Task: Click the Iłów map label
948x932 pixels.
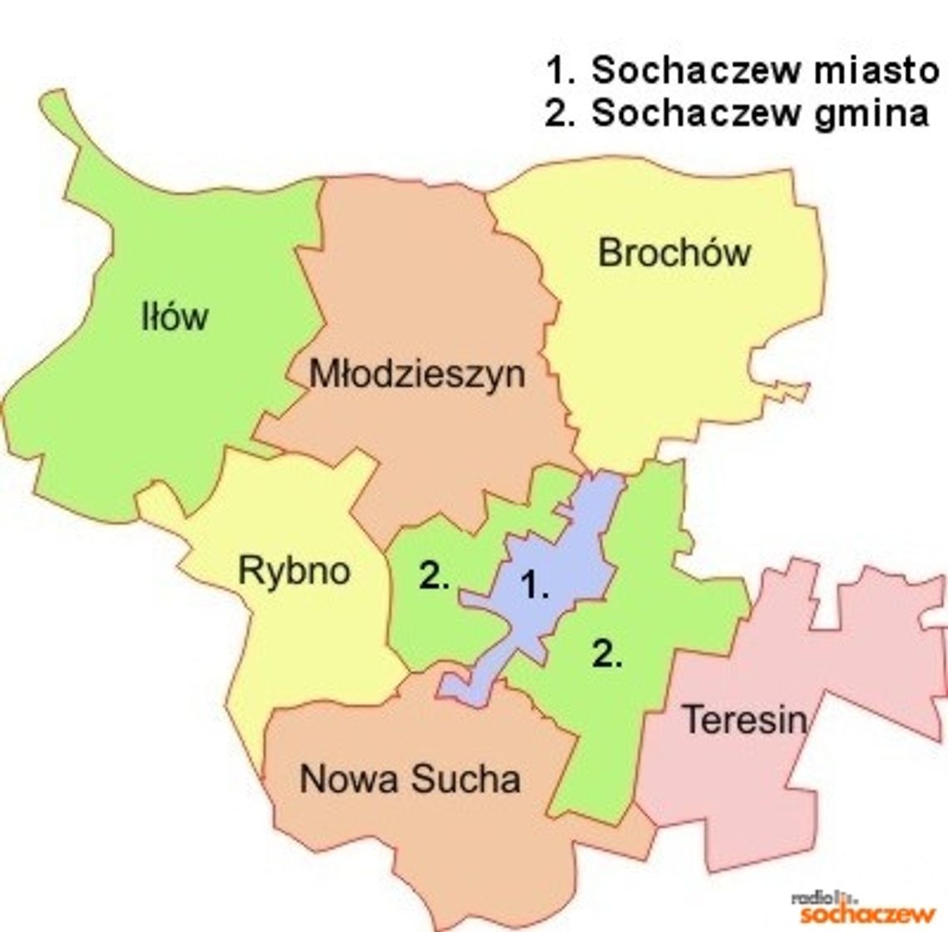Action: [175, 317]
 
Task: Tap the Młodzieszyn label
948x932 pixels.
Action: [417, 374]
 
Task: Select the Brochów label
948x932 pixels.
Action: [674, 252]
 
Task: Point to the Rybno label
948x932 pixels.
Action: [294, 571]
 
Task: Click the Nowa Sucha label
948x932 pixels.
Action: [410, 779]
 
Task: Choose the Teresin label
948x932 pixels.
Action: [744, 719]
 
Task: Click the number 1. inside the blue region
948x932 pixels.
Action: [535, 586]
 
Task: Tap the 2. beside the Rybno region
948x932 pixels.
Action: [434, 576]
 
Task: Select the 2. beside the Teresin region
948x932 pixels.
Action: [607, 655]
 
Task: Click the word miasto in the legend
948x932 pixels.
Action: [876, 71]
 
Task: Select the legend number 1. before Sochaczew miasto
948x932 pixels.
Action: [560, 71]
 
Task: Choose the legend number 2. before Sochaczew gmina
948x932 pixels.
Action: [560, 113]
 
